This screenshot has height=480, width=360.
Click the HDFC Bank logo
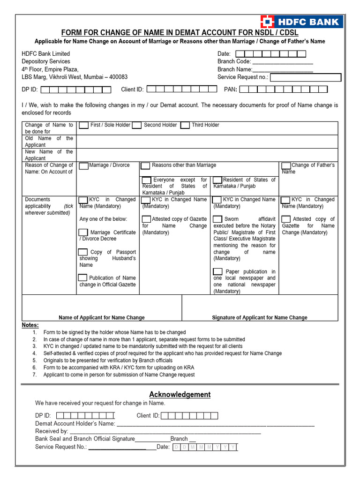[301, 22]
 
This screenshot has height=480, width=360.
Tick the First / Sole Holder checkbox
[83, 125]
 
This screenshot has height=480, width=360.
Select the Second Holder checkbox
[137, 125]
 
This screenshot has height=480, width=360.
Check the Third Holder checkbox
[185, 125]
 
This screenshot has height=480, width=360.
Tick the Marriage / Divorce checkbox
[83, 166]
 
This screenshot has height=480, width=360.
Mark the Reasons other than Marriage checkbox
[145, 166]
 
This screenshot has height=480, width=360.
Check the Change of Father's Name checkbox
[286, 166]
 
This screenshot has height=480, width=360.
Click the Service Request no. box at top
[306, 78]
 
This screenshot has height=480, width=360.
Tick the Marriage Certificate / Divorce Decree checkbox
[83, 232]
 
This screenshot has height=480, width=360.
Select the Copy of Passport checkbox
[83, 252]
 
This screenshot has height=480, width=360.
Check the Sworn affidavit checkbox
[217, 219]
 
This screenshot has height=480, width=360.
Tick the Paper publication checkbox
[217, 272]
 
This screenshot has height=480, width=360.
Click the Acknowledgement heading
[180, 395]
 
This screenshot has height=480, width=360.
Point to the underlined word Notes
[30, 325]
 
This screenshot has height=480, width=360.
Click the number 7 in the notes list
[34, 375]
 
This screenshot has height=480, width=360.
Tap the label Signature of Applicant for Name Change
[260, 318]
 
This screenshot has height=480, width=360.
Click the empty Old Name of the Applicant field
[206, 142]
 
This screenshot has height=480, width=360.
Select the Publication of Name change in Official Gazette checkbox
[83, 278]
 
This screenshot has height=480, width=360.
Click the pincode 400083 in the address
[117, 77]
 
